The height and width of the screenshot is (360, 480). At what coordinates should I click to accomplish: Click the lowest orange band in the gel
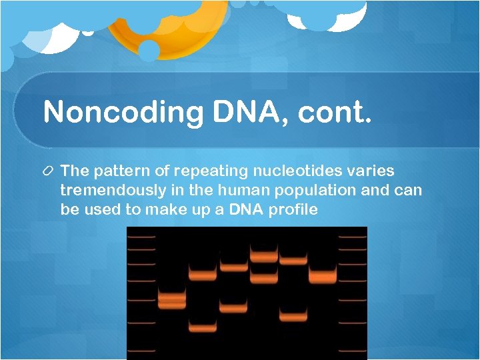click(x=203, y=327)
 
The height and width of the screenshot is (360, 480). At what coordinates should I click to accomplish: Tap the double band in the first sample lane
click(x=172, y=301)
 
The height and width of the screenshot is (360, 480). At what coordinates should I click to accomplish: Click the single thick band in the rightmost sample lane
click(x=323, y=277)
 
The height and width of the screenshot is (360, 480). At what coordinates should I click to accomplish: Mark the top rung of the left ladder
click(x=141, y=237)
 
